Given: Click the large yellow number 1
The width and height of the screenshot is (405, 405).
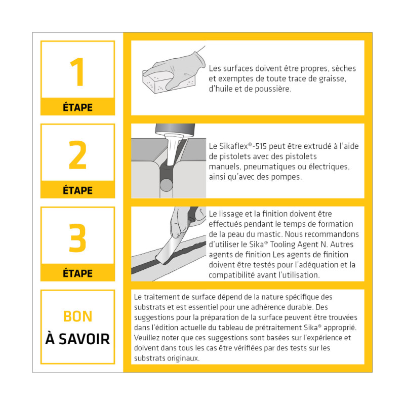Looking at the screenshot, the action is point(78,72).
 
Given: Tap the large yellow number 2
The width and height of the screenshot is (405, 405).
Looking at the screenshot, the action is point(77,155).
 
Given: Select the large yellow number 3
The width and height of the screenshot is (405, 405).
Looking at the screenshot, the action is point(77,238).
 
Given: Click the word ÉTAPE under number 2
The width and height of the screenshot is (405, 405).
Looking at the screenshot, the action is point(78,190).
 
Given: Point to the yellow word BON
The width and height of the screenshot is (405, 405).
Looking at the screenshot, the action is point(78,316).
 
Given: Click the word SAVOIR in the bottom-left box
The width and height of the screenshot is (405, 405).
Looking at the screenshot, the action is point(84,339).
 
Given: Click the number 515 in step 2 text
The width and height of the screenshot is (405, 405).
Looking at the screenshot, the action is point(261,146).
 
